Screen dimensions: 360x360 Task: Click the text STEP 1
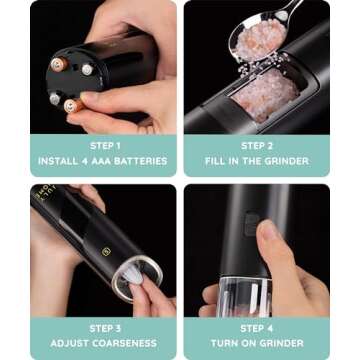pos(105,146)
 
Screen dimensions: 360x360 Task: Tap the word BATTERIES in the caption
pos(141,161)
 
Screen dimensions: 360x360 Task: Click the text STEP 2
pos(257,146)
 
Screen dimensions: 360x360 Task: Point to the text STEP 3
pos(105,328)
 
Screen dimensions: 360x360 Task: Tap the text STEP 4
pos(257,328)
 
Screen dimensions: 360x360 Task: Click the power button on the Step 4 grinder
pos(251,224)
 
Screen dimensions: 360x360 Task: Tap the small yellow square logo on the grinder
pos(105,252)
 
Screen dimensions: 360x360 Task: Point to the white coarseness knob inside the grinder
pos(132,275)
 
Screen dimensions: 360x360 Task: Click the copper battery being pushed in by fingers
pos(74,106)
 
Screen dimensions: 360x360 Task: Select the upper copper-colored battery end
pos(57,65)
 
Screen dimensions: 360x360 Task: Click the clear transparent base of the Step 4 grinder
pos(244,297)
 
